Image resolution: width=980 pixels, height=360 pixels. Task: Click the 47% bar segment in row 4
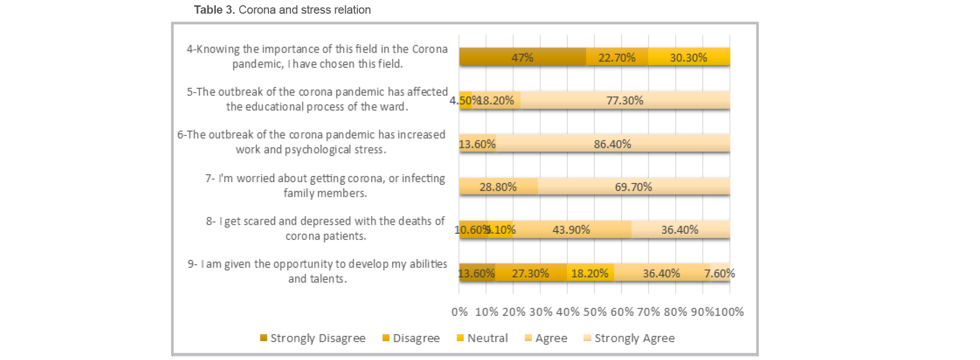coord(522,57)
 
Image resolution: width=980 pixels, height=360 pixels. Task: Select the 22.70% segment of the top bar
coord(617,57)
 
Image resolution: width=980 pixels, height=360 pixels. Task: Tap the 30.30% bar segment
coord(688,57)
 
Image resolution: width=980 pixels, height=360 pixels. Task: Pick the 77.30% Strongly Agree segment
coord(625,100)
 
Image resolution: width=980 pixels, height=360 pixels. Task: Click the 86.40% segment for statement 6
coord(612,144)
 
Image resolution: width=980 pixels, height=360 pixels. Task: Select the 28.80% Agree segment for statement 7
coord(498,186)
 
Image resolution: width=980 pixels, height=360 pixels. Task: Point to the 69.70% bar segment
coord(633,186)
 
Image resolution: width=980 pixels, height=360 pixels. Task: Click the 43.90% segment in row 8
coord(571,229)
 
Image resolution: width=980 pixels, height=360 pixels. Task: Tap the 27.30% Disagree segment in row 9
coord(531,273)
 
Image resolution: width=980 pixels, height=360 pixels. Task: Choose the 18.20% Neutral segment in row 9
coord(589,273)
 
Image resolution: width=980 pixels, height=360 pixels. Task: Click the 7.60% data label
coord(719,273)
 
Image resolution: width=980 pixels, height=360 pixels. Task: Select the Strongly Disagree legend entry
coord(313,338)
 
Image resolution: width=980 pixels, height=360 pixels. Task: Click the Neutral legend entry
coord(482,338)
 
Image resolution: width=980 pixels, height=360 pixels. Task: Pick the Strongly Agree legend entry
coord(629,338)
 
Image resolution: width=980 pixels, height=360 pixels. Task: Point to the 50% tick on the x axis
coord(595,312)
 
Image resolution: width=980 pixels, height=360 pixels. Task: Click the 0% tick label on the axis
coord(459,312)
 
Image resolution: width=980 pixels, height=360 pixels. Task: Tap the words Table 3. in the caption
coord(214,9)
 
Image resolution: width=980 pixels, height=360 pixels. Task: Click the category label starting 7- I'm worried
coord(325,185)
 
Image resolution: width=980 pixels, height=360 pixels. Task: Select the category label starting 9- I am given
coord(317,271)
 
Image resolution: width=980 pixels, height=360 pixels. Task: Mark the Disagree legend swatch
coord(386,338)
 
